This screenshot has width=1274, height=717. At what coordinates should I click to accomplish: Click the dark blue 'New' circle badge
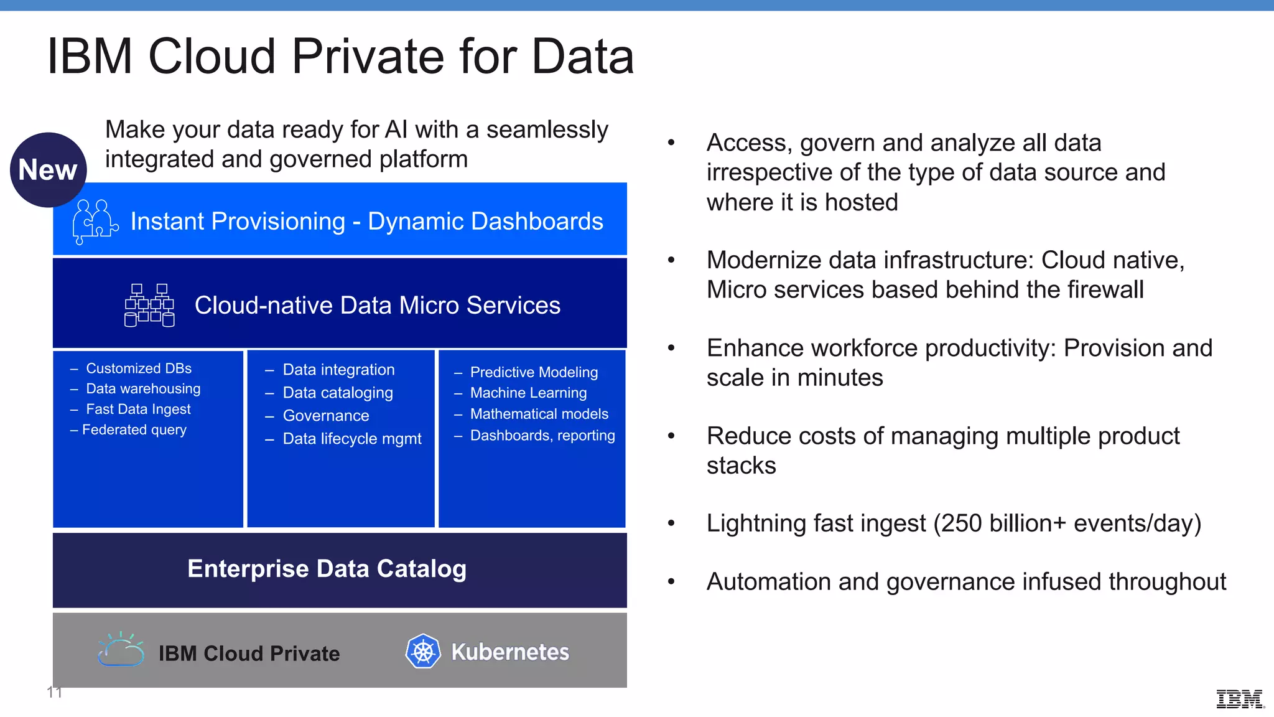coord(48,170)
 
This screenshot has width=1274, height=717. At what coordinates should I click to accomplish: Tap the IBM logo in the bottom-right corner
coord(1239,699)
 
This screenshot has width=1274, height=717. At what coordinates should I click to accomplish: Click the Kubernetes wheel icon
coord(423,652)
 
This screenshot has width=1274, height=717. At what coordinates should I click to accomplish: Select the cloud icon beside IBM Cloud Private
coord(121,650)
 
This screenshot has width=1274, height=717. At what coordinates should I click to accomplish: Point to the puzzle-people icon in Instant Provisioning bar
coord(95,221)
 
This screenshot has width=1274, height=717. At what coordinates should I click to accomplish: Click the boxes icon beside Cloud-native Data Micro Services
coord(149,305)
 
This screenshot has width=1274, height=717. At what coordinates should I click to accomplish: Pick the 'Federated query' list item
coord(134,430)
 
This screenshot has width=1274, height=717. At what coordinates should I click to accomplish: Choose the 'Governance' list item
coord(325,416)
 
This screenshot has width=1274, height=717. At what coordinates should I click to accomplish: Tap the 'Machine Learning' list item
coord(528,393)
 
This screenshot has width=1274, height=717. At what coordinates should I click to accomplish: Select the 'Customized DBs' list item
coord(138,368)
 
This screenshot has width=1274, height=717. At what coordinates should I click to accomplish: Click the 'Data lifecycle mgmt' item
coord(351,439)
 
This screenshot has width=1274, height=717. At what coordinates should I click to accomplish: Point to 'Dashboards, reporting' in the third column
coord(542,436)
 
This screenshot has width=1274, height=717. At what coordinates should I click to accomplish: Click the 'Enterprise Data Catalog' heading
coord(327,569)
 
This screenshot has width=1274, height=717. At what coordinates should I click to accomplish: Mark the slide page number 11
coord(54,692)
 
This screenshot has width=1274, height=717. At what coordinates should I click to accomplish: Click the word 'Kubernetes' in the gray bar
coord(510,652)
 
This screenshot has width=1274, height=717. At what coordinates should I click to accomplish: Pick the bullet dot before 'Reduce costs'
coord(671,436)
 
